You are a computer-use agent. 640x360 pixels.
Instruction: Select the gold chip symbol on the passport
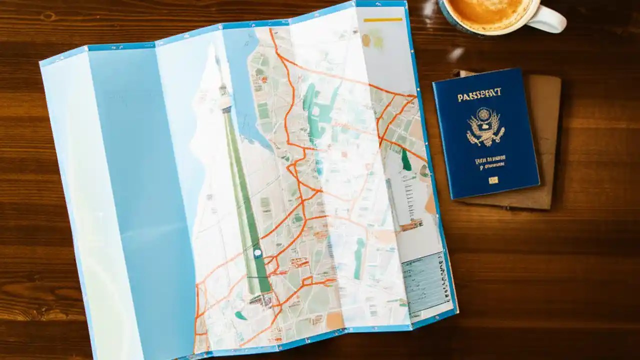[x=493, y=179]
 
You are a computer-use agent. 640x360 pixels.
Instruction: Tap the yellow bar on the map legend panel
[x=382, y=20]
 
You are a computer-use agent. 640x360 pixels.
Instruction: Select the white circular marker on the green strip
[x=257, y=253]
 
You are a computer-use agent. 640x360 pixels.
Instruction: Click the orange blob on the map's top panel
[x=366, y=40]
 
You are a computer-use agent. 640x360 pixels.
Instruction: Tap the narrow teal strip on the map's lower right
[x=359, y=257]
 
